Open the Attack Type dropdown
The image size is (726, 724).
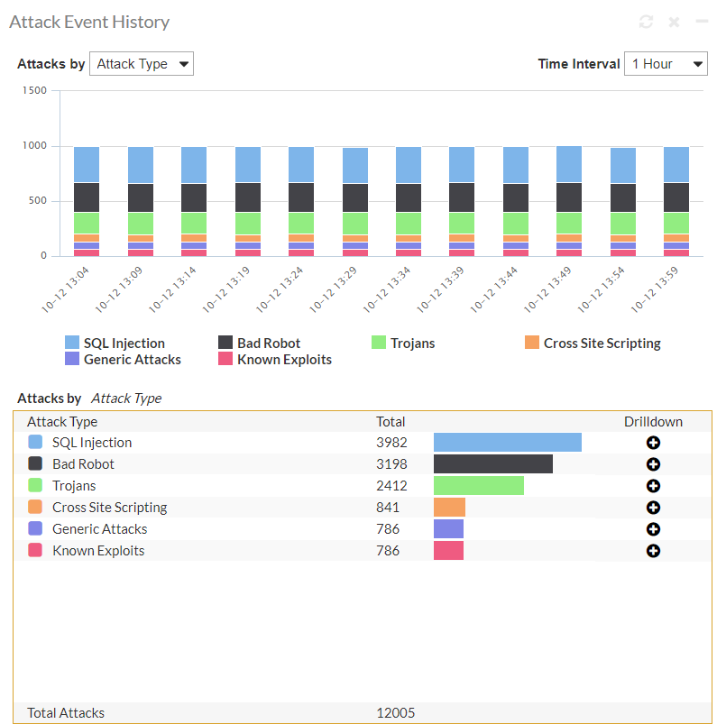coord(142,64)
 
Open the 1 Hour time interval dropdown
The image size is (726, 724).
coord(666,64)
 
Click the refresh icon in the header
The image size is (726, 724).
coord(646,22)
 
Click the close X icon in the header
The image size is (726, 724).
coord(674,22)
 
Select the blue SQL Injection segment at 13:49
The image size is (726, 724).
coord(569,164)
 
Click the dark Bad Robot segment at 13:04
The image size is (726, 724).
coord(87,197)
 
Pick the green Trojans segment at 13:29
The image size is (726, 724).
coord(354,223)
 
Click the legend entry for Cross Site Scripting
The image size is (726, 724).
coord(593,344)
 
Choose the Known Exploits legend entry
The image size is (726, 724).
coord(275,360)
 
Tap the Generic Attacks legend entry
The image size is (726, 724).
coord(123,360)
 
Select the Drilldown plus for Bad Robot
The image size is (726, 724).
coord(653,464)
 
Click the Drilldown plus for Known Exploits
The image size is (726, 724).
coord(653,551)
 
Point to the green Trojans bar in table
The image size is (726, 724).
coord(479,486)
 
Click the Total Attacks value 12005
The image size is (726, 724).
coord(396,713)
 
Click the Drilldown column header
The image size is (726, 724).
coord(653,422)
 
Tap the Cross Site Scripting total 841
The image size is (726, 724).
coord(388,508)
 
